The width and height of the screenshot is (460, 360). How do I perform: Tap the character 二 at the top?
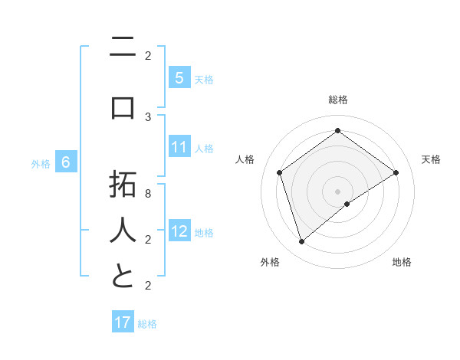122,49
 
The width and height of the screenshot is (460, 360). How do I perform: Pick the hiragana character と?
122,276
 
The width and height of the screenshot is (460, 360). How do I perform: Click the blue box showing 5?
179,77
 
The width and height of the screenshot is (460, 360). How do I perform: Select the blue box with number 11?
179,147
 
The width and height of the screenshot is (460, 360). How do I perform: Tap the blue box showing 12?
179,231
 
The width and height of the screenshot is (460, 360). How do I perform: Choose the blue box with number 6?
66,162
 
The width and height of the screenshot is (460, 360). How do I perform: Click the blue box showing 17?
123,322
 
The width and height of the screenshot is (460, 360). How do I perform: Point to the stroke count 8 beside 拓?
148,194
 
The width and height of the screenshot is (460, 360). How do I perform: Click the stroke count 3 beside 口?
148,116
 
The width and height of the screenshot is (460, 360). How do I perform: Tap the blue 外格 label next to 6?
41,163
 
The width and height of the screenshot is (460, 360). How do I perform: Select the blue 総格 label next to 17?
147,324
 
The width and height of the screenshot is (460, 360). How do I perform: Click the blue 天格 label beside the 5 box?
203,79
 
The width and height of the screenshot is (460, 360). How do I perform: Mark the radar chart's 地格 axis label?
402,262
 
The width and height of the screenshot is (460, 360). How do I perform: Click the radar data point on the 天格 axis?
396,172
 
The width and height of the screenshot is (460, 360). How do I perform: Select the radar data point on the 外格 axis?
301,242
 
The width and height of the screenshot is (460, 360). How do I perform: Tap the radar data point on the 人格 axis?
279,172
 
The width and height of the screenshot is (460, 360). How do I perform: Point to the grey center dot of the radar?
337,191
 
